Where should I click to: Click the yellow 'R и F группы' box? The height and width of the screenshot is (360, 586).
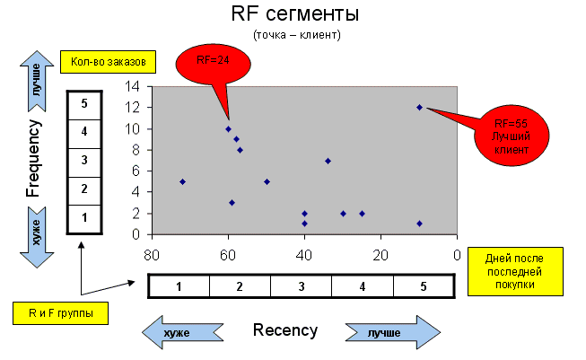point(59,313)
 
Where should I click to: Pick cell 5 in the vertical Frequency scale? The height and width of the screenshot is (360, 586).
point(83,103)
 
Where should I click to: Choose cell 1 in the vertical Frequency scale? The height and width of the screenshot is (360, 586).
point(83,218)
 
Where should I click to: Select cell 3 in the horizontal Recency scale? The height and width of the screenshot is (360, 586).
point(301,285)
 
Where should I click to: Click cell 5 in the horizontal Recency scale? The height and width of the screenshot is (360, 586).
point(424,285)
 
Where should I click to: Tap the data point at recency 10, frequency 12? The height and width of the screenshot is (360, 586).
point(419,108)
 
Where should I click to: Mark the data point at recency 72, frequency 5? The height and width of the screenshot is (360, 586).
point(182,181)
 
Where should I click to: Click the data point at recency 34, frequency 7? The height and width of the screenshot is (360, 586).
point(328,161)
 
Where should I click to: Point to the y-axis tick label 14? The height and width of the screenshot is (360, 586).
point(134,87)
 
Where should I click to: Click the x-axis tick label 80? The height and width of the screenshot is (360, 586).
point(153,253)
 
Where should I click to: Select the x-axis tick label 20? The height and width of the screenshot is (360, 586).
point(380,253)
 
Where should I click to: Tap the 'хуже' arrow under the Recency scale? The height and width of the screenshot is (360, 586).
point(183,331)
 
